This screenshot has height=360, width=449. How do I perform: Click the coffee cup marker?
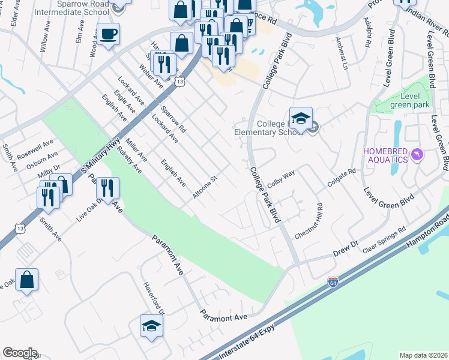point(109,34)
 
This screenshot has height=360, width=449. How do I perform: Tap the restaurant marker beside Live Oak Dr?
point(107,188)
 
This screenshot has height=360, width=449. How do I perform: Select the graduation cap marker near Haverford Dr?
point(151,326)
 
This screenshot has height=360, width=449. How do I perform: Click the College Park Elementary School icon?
point(301,118)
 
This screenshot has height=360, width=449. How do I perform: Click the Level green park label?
point(407,100)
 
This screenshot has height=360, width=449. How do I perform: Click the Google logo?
point(20,353)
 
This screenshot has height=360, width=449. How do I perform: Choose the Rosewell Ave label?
point(35,148)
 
